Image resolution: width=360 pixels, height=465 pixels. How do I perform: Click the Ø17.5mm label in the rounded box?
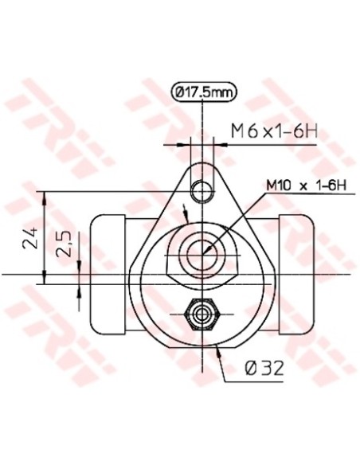click(x=204, y=92)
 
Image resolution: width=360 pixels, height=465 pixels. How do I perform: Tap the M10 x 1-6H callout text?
click(x=307, y=186)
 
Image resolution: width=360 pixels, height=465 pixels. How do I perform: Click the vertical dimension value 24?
click(x=29, y=238)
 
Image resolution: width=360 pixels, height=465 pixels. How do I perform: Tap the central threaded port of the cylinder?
click(x=203, y=249)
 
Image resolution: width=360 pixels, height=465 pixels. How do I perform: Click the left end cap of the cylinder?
click(x=106, y=275)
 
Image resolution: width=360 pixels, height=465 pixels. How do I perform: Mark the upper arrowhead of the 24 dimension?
click(x=45, y=196)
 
